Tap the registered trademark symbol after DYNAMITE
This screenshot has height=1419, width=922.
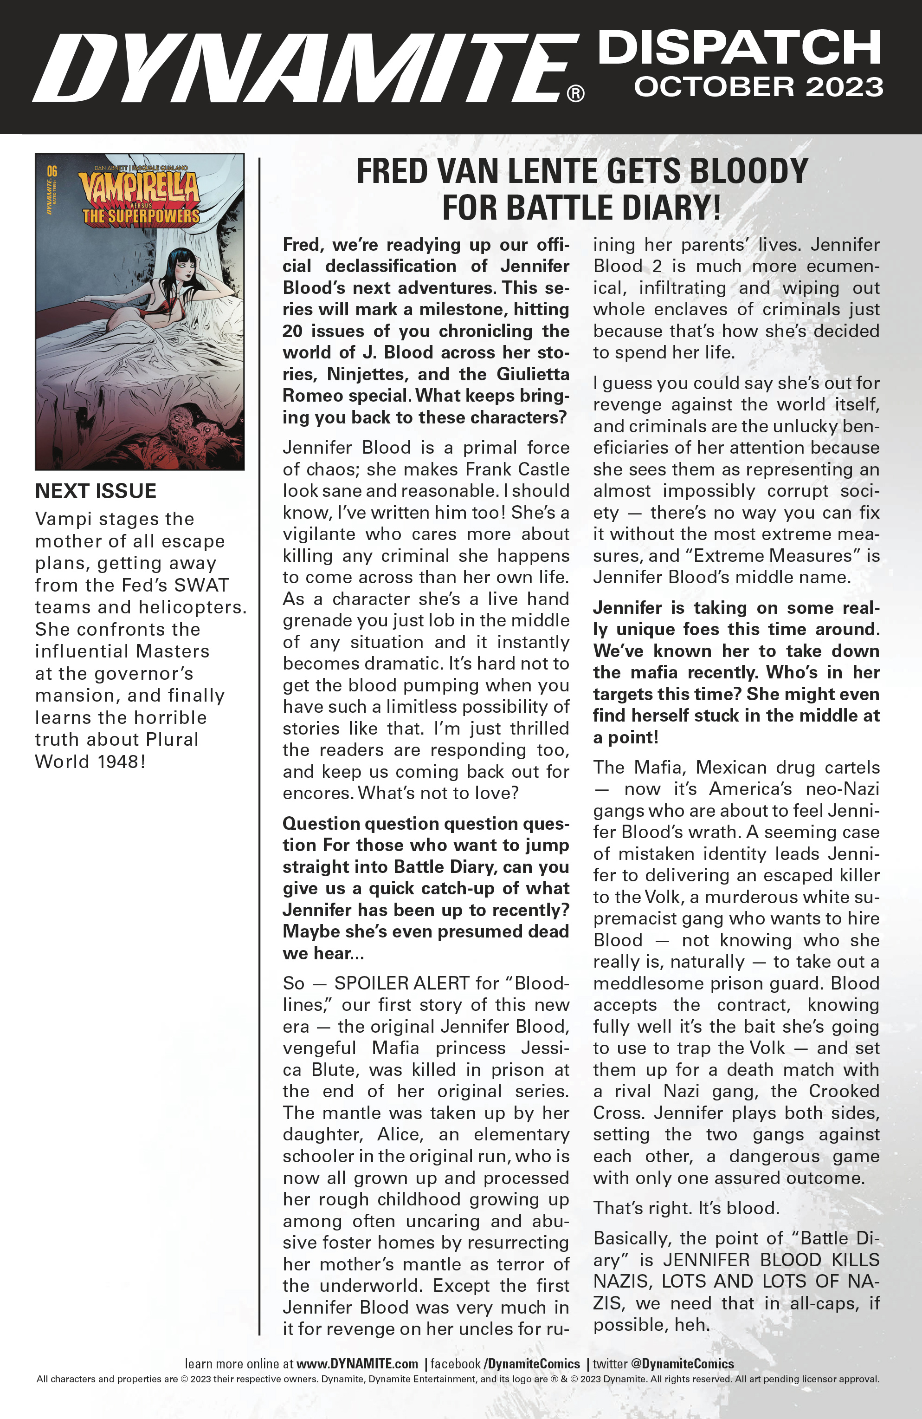coord(575,94)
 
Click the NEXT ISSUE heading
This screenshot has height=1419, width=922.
coord(96,491)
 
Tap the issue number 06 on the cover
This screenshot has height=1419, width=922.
coord(52,172)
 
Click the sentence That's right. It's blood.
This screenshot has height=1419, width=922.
coord(686,1208)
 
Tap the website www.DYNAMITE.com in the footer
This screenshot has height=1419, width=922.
coord(356,1364)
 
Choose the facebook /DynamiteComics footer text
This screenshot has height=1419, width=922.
coord(505,1364)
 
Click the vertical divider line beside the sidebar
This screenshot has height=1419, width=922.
coord(259,745)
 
